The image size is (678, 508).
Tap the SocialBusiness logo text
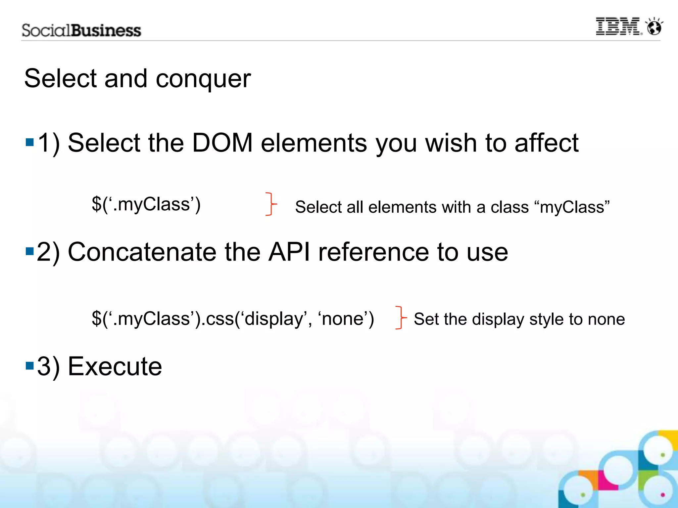click(x=81, y=30)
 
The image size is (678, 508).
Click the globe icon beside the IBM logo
click(x=654, y=26)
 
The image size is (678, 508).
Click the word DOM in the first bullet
click(x=222, y=143)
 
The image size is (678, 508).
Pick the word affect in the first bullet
click(x=546, y=143)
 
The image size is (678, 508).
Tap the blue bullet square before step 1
click(x=30, y=143)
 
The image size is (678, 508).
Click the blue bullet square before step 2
click(x=30, y=251)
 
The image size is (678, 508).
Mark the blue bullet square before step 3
click(x=30, y=366)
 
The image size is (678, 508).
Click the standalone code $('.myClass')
click(x=146, y=204)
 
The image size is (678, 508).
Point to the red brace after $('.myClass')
click(x=271, y=204)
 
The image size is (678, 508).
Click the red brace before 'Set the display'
click(x=401, y=318)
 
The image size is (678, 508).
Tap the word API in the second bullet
click(x=289, y=252)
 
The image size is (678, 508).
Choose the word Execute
click(x=115, y=366)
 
